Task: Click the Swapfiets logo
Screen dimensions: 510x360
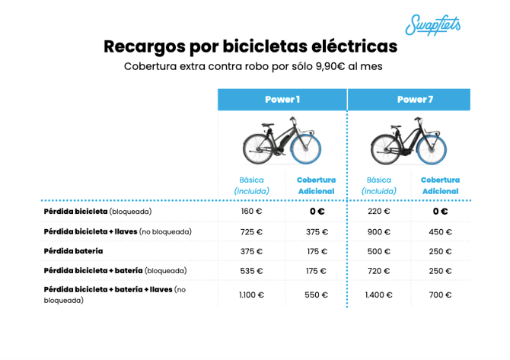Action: click(432, 25)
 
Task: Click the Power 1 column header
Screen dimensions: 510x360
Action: click(282, 100)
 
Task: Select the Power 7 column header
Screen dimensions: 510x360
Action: click(410, 100)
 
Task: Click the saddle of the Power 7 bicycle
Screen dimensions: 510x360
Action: click(396, 127)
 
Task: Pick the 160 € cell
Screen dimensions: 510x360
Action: click(251, 212)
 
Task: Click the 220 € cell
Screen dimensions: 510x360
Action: click(379, 212)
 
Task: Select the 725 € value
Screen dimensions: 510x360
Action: click(251, 232)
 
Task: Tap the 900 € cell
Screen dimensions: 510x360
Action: click(379, 232)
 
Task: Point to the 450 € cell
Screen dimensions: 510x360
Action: click(441, 232)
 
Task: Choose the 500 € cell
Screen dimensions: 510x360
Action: click(379, 251)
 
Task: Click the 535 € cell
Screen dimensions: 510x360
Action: click(251, 271)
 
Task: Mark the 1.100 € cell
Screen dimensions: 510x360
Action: click(251, 295)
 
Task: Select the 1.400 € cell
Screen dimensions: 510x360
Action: click(379, 295)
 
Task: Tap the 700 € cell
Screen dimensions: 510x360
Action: click(441, 295)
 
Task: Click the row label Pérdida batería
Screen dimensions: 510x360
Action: click(74, 251)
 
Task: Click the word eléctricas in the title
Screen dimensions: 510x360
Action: click(355, 46)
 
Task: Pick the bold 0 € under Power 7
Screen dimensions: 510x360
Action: click(441, 212)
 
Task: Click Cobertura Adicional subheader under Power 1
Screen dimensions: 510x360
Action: click(316, 186)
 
